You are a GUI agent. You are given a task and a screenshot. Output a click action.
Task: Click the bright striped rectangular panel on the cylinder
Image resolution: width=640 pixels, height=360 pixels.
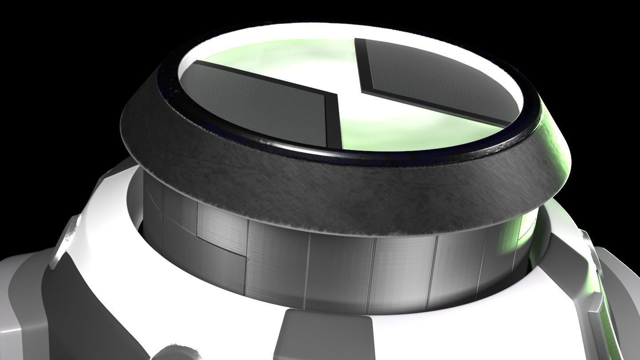coord(222,231)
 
